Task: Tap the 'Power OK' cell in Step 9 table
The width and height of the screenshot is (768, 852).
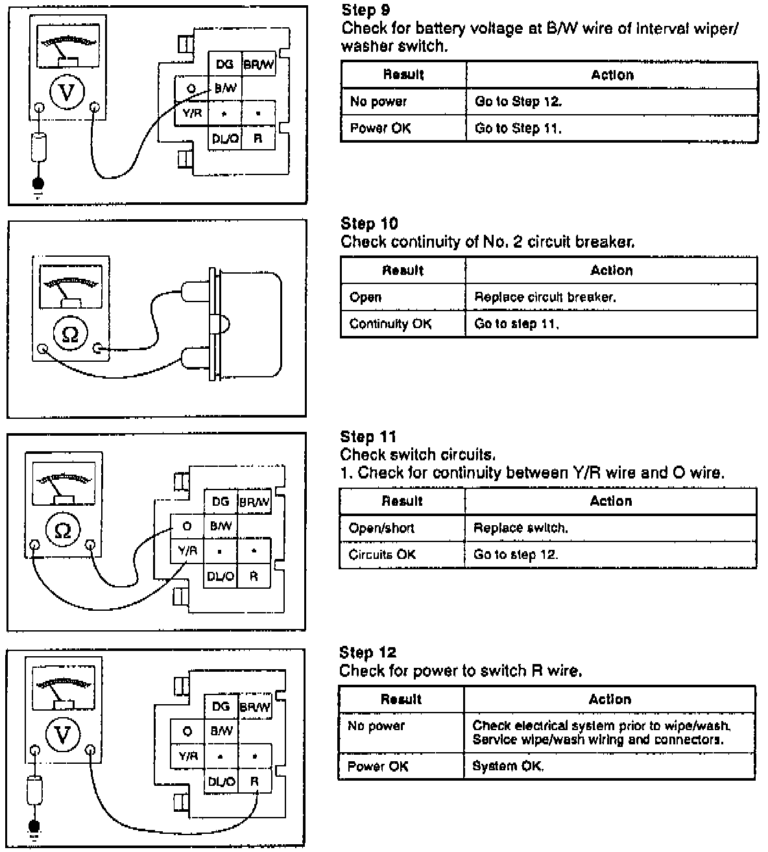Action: pyautogui.click(x=380, y=128)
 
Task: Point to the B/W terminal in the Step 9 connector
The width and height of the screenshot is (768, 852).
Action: pyautogui.click(x=225, y=88)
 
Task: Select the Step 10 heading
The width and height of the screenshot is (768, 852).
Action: pyautogui.click(x=369, y=224)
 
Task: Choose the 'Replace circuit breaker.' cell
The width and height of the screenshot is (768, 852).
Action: pyautogui.click(x=545, y=298)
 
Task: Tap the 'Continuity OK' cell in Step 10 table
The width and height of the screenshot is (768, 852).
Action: pyautogui.click(x=390, y=324)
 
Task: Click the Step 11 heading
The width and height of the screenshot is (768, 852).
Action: pyautogui.click(x=368, y=437)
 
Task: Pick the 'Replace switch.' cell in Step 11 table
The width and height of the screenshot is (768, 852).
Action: pyautogui.click(x=520, y=528)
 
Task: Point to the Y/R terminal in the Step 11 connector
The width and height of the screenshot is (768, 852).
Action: pyautogui.click(x=187, y=551)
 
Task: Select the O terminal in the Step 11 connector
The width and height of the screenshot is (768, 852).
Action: pyautogui.click(x=187, y=526)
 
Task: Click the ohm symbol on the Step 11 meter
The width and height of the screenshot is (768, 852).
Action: pyautogui.click(x=63, y=530)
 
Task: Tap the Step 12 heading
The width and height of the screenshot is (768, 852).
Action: pyautogui.click(x=367, y=652)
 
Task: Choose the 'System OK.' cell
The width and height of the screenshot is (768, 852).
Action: pyautogui.click(x=508, y=766)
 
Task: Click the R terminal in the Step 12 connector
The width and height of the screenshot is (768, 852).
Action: pyautogui.click(x=254, y=781)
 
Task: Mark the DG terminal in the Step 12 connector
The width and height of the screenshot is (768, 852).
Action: pyautogui.click(x=221, y=707)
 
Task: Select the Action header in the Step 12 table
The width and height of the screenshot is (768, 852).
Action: pyautogui.click(x=609, y=699)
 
